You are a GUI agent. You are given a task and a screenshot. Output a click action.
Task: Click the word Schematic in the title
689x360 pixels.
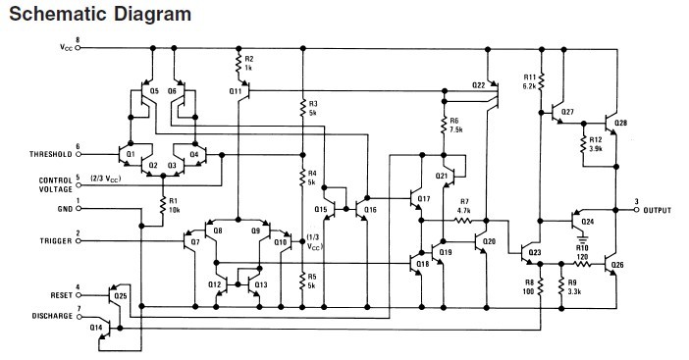pyautogui.click(x=53, y=15)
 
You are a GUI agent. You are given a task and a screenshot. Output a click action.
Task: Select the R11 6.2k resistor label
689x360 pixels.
pyautogui.click(x=530, y=81)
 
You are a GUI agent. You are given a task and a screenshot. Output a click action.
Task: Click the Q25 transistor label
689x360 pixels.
pyautogui.click(x=121, y=294)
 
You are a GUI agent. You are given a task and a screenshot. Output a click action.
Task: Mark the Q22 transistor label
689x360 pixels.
pyautogui.click(x=478, y=85)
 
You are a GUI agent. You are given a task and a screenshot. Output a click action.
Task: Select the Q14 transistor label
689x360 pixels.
pyautogui.click(x=95, y=328)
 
